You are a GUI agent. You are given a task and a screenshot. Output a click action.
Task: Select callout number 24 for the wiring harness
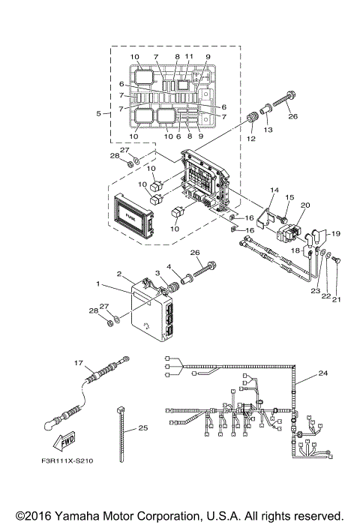(323, 372)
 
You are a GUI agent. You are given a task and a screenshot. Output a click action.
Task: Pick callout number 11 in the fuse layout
(189, 57)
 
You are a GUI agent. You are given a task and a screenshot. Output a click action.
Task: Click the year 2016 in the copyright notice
(32, 516)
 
